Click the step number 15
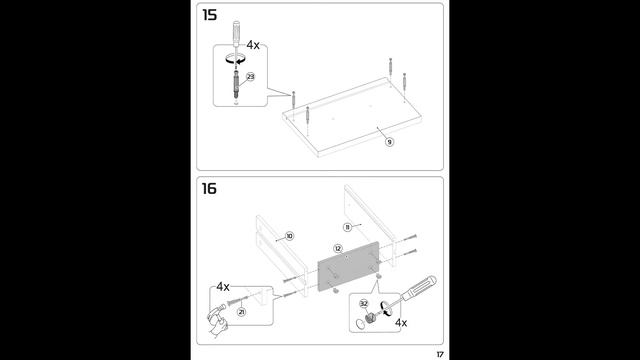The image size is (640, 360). tap(209, 16)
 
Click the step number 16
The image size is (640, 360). tap(209, 189)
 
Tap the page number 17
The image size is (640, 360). tap(440, 354)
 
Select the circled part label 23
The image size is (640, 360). tap(250, 77)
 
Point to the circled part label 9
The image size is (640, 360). tap(389, 142)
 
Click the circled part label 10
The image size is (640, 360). tap(289, 236)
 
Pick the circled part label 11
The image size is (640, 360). tap(347, 227)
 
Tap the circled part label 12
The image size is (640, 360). tap(338, 249)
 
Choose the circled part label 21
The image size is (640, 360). tap(242, 312)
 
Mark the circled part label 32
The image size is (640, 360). tap(364, 304)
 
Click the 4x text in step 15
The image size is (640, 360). tap(253, 45)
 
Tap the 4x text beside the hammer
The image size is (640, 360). tap(223, 287)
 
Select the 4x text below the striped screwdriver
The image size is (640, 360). tap(401, 323)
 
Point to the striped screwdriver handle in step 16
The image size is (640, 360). tap(420, 287)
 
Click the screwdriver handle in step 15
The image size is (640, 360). tap(236, 33)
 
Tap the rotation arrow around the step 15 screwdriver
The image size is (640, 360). tap(236, 60)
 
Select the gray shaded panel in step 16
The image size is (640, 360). tap(349, 266)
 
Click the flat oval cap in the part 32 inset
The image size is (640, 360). tap(360, 324)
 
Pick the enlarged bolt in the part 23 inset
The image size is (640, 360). tap(236, 84)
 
